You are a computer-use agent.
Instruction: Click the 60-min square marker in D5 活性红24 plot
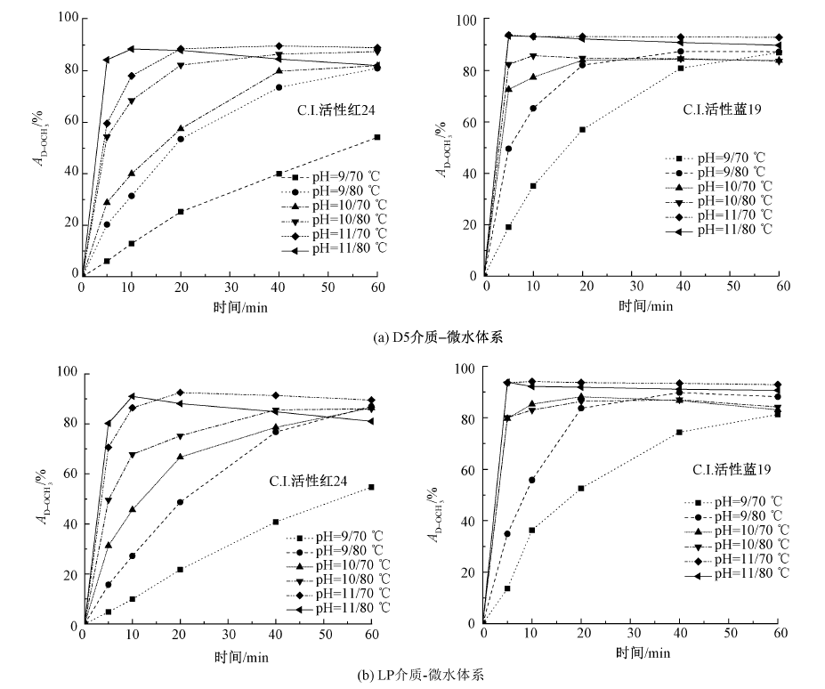pyautogui.click(x=376, y=137)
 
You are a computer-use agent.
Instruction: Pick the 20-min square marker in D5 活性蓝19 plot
pyautogui.click(x=583, y=130)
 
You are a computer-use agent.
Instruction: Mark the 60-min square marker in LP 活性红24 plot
pyautogui.click(x=370, y=487)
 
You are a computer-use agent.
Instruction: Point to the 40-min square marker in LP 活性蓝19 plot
pyautogui.click(x=680, y=433)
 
